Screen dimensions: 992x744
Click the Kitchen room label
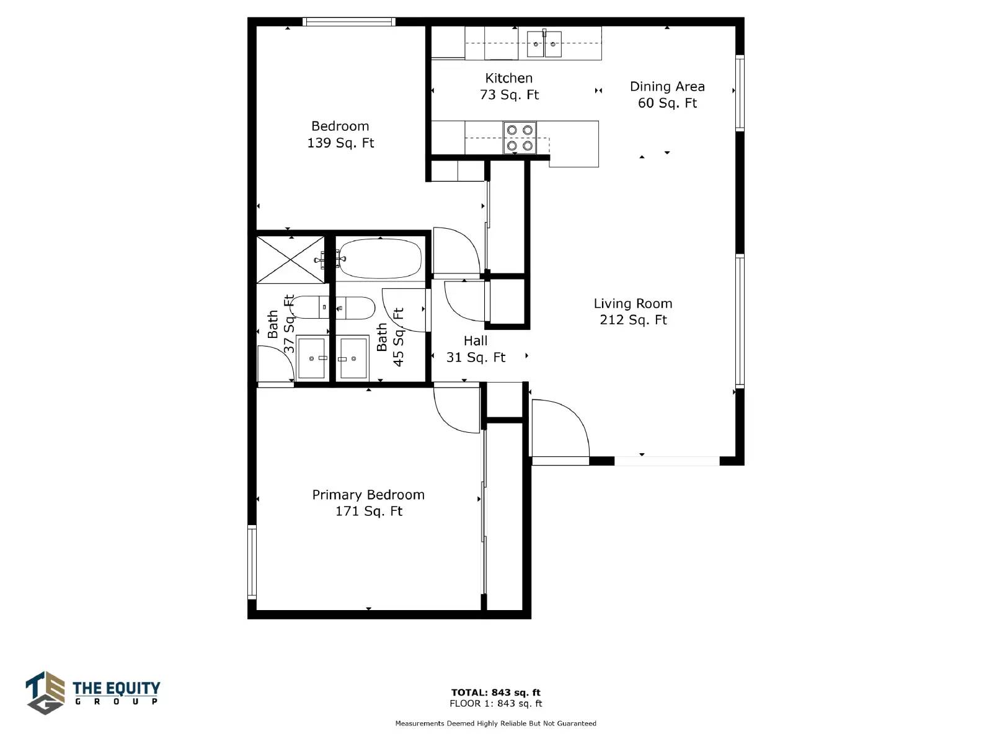click(508, 78)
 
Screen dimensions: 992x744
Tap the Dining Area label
click(667, 86)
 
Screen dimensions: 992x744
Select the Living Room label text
click(633, 304)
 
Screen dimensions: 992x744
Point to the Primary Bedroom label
click(368, 495)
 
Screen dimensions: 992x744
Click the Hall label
click(476, 340)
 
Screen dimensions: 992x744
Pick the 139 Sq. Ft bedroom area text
click(341, 143)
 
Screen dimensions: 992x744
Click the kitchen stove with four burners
click(520, 138)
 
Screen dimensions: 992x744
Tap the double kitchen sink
click(544, 44)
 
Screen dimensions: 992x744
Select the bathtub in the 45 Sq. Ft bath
click(380, 259)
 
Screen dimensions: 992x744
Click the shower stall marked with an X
click(291, 260)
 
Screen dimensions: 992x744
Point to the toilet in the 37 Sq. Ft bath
click(310, 307)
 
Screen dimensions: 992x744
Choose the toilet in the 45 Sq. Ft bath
click(356, 308)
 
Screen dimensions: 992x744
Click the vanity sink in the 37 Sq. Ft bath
click(311, 358)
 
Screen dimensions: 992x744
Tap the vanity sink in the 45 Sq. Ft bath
click(353, 358)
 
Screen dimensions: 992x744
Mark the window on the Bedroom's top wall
click(349, 22)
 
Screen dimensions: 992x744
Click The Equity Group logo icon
click(45, 693)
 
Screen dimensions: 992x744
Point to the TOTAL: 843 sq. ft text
click(496, 692)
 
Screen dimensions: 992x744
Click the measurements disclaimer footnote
click(496, 723)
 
